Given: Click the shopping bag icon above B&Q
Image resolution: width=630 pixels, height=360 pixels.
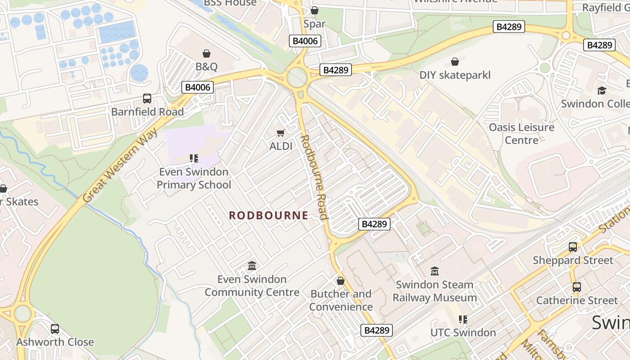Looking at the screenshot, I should (x=207, y=54).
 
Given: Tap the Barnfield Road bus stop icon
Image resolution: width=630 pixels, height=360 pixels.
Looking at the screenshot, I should (x=147, y=99).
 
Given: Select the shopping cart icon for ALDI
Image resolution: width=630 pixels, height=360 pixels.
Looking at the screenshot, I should (x=281, y=133).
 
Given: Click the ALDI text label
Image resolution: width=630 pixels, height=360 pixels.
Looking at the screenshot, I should (x=281, y=146).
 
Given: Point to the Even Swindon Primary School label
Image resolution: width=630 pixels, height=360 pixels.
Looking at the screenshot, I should (x=193, y=178).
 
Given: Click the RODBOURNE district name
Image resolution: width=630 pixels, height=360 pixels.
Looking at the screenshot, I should (x=269, y=216).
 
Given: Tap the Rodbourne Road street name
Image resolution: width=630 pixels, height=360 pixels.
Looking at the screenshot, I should (x=314, y=177).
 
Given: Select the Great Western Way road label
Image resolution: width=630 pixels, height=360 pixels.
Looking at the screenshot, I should (x=120, y=165).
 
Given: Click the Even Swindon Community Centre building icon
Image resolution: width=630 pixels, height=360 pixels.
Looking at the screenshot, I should (x=252, y=266).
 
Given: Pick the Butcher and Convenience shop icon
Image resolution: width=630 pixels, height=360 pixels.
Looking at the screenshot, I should (x=341, y=281).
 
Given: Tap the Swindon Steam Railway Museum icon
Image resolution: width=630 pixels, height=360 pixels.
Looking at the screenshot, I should (x=435, y=271).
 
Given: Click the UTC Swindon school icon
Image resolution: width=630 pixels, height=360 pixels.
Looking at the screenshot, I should (x=463, y=319).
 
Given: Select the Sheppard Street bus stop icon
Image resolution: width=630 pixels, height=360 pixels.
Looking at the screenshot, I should (x=573, y=247).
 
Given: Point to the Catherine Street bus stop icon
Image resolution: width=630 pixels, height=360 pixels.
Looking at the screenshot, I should (x=577, y=287).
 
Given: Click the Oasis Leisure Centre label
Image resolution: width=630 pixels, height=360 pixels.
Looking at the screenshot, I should (x=522, y=134).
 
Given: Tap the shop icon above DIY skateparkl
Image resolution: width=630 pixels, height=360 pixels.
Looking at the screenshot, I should (x=455, y=62).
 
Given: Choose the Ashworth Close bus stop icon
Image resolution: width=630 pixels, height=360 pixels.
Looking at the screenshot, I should (x=55, y=329).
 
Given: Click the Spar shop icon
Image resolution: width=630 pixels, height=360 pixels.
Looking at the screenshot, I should (x=315, y=10).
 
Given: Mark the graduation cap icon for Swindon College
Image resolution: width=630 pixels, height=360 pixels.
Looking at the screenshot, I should (x=602, y=90).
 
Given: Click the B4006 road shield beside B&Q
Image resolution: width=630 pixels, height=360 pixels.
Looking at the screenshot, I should (x=198, y=87).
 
